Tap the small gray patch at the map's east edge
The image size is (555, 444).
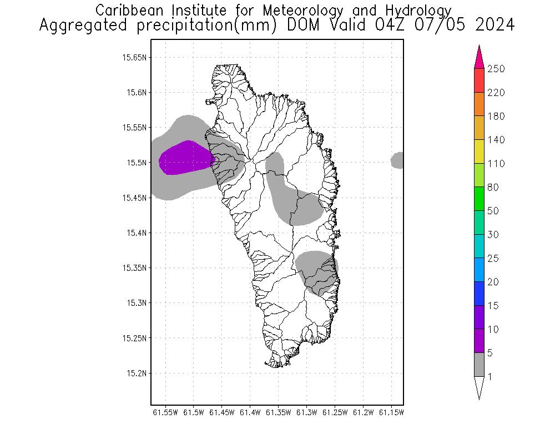[397, 160]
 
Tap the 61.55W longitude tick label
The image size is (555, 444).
[165, 412]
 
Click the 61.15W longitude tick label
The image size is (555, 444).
[391, 412]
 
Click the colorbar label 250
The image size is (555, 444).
[496, 69]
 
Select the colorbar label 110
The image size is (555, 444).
[495, 164]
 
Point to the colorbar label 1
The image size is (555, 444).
[490, 377]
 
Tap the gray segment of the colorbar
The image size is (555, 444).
[480, 365]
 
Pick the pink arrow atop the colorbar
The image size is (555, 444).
[480, 57]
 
